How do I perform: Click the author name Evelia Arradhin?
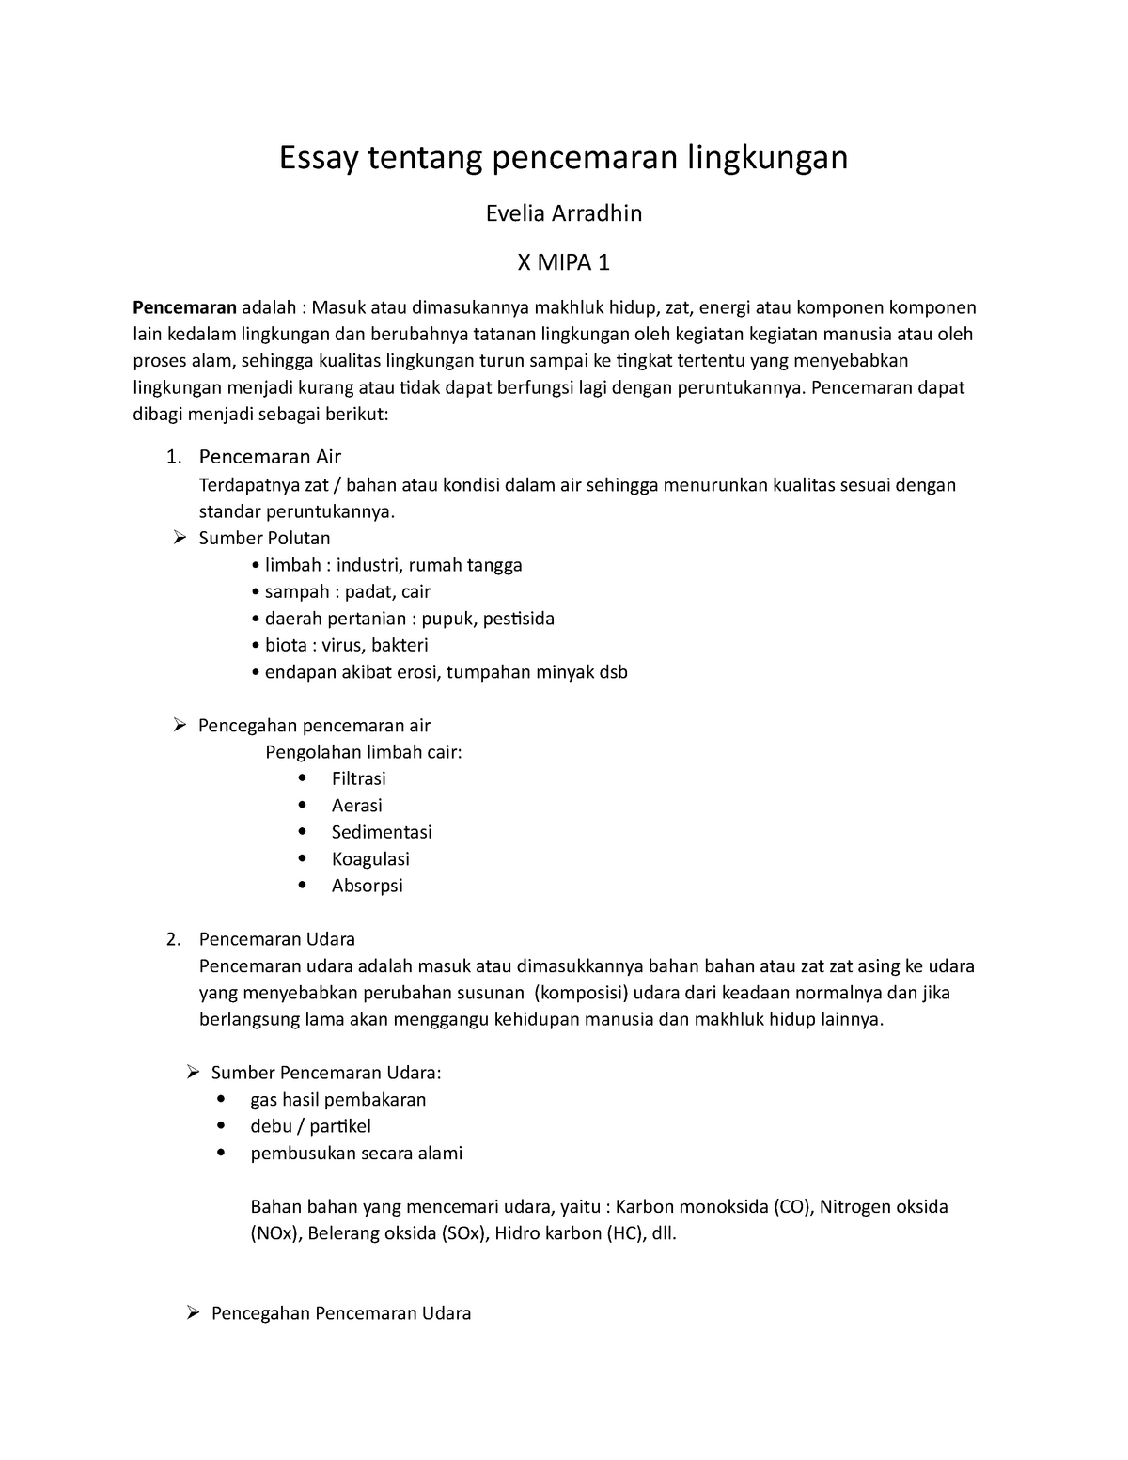563,214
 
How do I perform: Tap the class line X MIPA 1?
564,263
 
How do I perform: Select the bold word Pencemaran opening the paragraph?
184,307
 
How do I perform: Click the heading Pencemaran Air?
270,457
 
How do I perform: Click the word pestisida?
518,619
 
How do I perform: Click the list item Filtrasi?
358,778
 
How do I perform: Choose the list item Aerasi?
356,806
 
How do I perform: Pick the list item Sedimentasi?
382,832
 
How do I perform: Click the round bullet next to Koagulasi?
301,858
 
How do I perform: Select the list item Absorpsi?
367,886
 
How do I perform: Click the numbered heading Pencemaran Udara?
276,939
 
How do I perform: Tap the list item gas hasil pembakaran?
338,1100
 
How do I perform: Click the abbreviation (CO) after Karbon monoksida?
791,1207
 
